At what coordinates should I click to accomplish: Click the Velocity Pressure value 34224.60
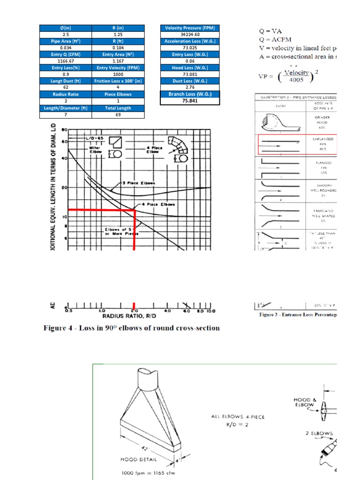[x=189, y=35]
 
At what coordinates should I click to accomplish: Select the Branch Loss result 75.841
[x=189, y=100]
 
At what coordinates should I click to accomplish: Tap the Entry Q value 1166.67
[x=66, y=61]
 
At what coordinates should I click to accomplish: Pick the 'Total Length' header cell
[x=118, y=108]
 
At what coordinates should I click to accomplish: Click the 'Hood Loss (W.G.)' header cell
[x=189, y=67]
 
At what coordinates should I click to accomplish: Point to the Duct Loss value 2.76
[x=189, y=87]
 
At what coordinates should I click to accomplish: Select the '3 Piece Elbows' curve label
[x=139, y=183]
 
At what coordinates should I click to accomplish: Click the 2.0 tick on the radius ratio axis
[x=134, y=310]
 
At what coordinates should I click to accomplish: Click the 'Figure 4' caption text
[x=131, y=328]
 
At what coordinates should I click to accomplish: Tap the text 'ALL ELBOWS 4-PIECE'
[x=239, y=416]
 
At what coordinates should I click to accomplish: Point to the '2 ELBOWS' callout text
[x=320, y=433]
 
